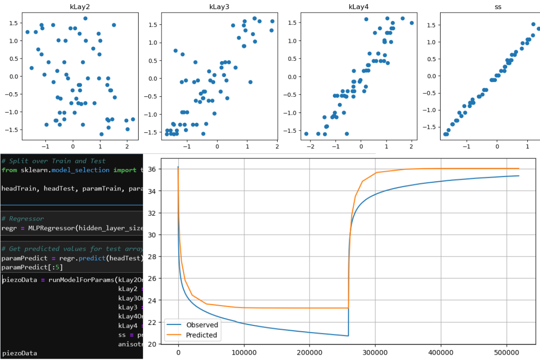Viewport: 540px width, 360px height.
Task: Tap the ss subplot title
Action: (x=497, y=7)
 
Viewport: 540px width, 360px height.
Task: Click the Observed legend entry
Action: (x=202, y=325)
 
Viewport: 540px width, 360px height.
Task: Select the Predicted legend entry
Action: (x=202, y=335)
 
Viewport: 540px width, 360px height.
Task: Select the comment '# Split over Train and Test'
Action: (x=54, y=161)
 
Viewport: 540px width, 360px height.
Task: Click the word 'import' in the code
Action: (x=125, y=170)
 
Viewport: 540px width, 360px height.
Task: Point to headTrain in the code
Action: (x=18, y=189)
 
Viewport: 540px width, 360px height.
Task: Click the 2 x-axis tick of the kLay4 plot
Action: (x=412, y=146)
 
